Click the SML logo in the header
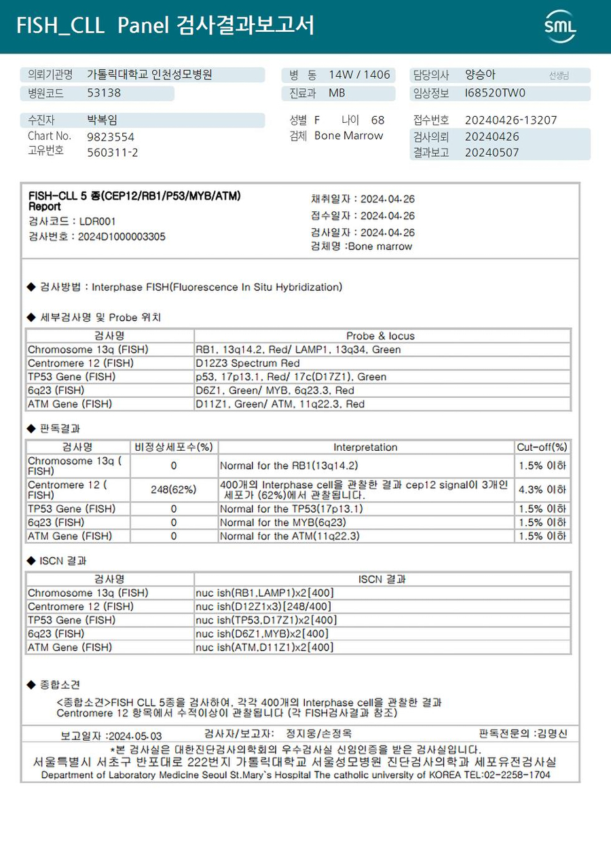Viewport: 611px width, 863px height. point(560,26)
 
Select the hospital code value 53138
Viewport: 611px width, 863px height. point(104,93)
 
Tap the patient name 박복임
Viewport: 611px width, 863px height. point(102,120)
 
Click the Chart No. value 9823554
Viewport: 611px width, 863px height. point(111,136)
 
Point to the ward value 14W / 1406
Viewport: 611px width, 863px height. point(359,75)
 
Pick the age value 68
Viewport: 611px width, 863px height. point(377,120)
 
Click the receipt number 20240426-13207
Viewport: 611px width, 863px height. point(511,120)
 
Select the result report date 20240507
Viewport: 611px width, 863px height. point(492,152)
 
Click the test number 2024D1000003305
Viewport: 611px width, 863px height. point(122,236)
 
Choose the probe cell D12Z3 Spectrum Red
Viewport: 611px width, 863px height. point(247,363)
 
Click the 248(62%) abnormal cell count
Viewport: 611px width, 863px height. point(174,490)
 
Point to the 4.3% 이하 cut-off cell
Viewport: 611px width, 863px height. point(542,490)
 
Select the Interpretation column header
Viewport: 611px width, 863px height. point(365,447)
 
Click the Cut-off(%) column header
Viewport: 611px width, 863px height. point(542,447)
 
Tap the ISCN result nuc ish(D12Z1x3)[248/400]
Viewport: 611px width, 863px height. point(263,606)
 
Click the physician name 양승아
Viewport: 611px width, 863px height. point(480,75)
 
